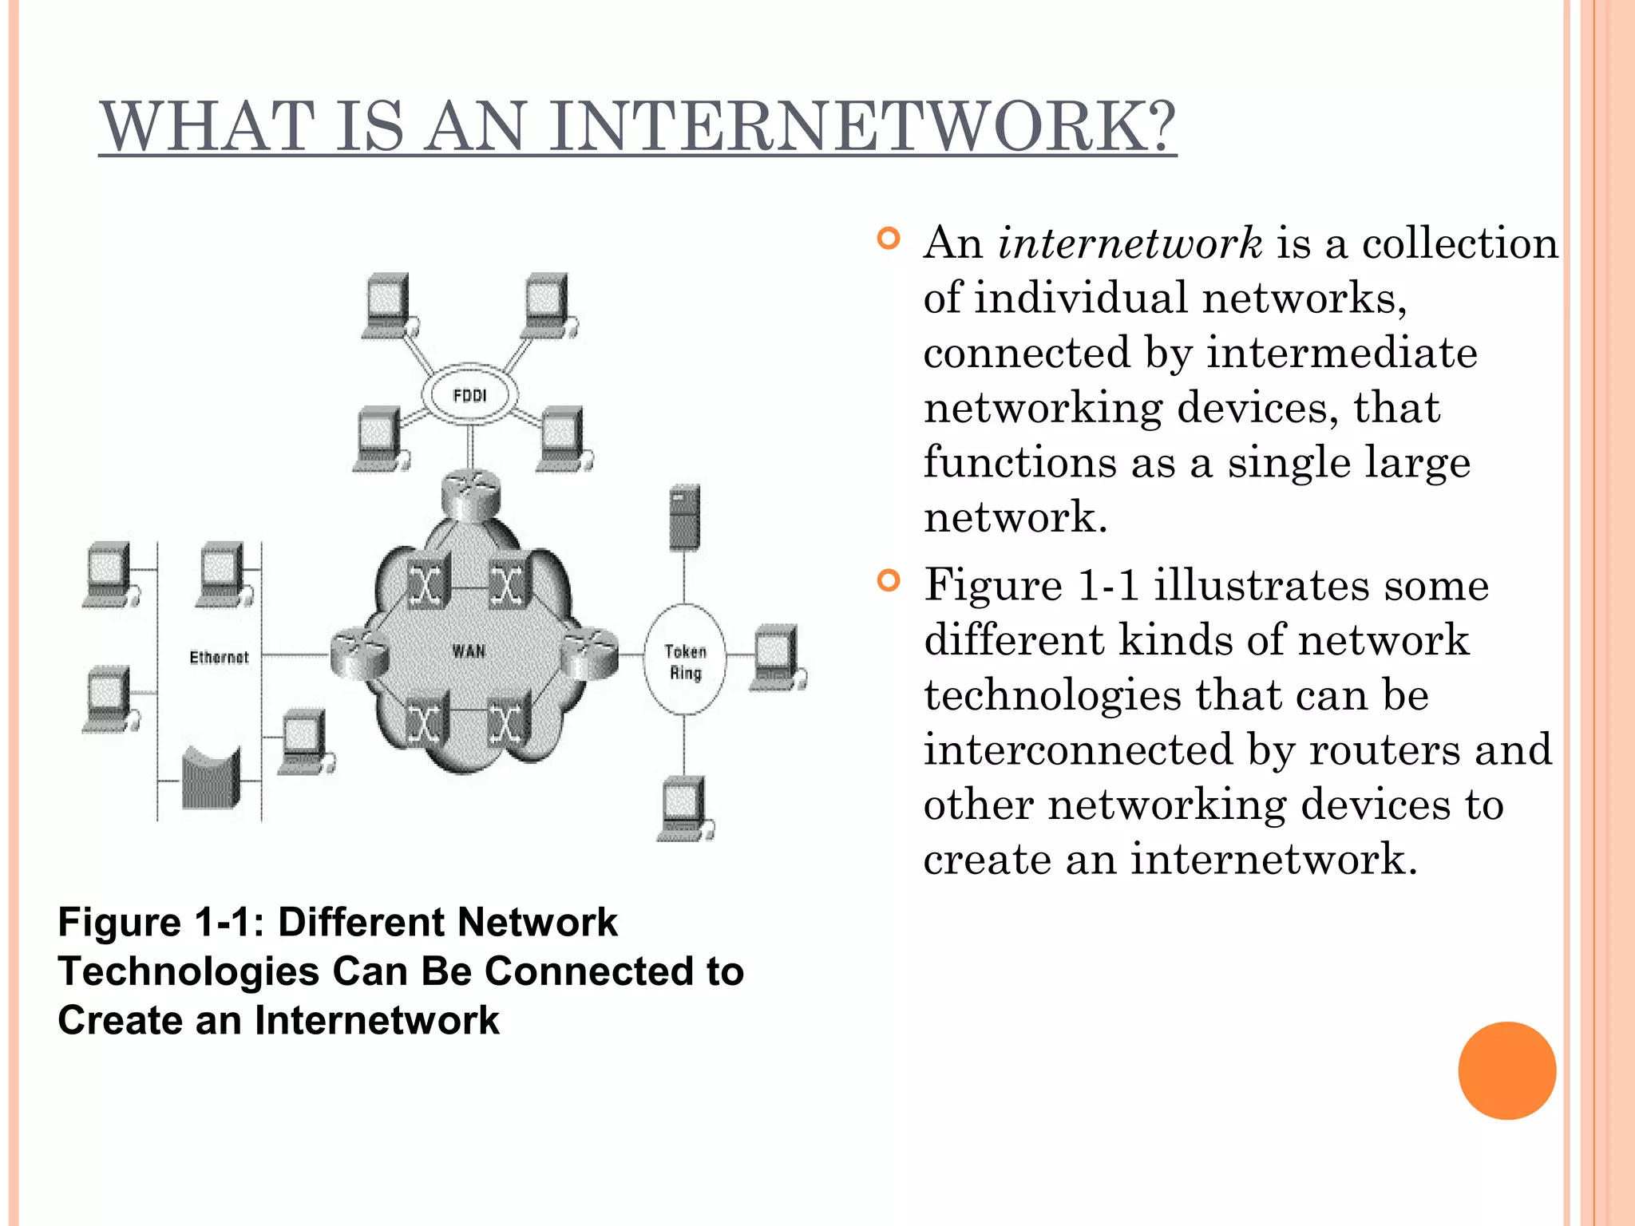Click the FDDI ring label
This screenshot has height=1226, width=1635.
pos(469,395)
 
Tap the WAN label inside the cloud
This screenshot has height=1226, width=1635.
pos(469,651)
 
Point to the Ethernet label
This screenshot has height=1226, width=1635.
pos(219,658)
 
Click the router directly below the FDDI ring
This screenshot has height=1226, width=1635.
pos(471,492)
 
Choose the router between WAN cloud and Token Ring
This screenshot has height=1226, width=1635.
pos(589,654)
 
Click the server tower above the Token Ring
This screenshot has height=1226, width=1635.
pos(684,518)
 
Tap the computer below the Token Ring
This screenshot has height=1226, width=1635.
pos(684,808)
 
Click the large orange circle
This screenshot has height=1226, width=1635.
pos(1506,1070)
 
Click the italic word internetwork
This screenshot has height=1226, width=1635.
pos(1130,243)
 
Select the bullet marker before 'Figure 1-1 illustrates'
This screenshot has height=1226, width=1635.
pos(888,580)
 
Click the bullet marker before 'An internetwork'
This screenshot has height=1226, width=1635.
pos(888,239)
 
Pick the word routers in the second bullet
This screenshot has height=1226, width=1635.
pos(1384,750)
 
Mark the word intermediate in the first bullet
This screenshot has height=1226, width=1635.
pos(1341,353)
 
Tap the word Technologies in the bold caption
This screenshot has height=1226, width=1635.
pos(188,972)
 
